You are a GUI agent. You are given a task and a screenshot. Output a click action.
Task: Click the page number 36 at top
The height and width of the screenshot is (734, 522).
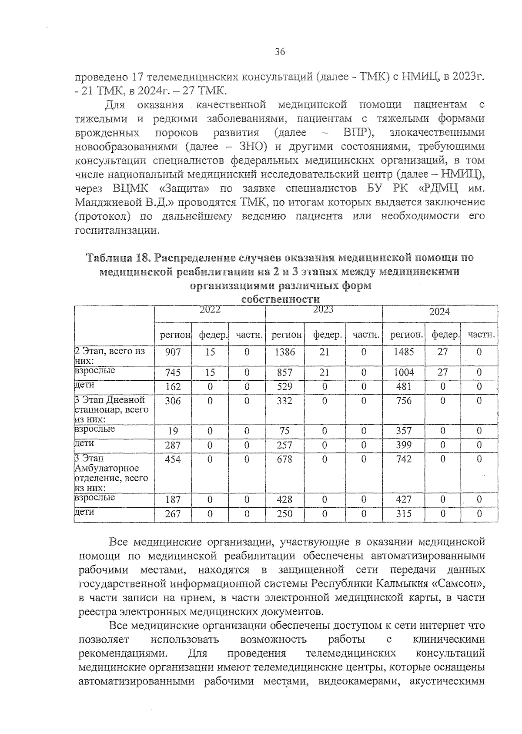point(280,52)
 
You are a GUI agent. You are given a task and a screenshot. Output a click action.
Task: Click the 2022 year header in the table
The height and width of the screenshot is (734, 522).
point(210,310)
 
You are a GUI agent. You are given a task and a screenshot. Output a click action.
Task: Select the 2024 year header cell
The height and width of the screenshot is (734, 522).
point(439,312)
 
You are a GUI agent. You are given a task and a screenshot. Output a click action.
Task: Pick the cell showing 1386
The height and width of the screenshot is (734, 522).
point(284,352)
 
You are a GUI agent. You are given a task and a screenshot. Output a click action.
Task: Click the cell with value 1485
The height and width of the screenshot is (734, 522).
point(403,352)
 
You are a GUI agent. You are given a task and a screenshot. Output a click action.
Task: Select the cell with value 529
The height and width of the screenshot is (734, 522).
point(284,386)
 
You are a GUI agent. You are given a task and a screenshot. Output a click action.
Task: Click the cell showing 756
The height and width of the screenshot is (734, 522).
point(403,401)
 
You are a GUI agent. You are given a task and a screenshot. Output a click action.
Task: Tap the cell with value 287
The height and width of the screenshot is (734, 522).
point(173,445)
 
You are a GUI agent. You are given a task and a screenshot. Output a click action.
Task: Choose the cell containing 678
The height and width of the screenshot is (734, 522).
point(284,459)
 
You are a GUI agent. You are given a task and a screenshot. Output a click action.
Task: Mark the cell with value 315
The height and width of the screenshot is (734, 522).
point(403,514)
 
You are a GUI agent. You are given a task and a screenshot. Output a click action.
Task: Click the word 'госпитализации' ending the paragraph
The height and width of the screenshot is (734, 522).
point(114,230)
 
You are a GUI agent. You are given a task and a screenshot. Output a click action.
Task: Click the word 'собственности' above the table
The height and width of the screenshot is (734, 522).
point(280,299)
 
